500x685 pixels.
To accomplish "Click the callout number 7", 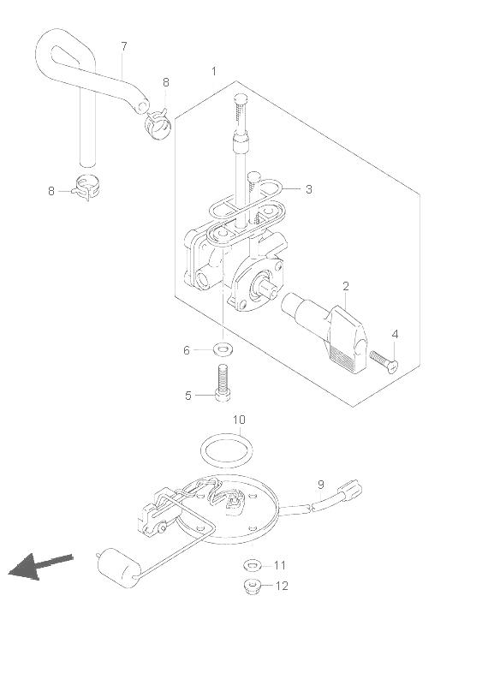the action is pyautogui.click(x=124, y=46).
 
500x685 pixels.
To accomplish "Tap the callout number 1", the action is pyautogui.click(x=214, y=71).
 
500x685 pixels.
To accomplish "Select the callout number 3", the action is pyautogui.click(x=309, y=189).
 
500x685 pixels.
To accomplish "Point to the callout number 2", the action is pyautogui.click(x=346, y=286).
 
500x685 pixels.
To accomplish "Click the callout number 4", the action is pyautogui.click(x=395, y=334).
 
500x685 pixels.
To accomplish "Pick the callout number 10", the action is pyautogui.click(x=239, y=420).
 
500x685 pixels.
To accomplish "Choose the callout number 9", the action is pyautogui.click(x=321, y=484).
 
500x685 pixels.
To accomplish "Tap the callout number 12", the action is pyautogui.click(x=282, y=586).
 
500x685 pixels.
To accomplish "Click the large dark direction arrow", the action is pyautogui.click(x=40, y=566).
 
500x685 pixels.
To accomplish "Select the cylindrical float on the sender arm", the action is pyautogui.click(x=119, y=568).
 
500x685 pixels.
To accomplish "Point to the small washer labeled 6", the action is pyautogui.click(x=223, y=349).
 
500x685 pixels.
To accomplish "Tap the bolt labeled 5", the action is pyautogui.click(x=223, y=382).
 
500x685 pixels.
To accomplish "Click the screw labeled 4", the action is pyautogui.click(x=384, y=361).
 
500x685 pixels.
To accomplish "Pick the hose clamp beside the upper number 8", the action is pyautogui.click(x=158, y=123).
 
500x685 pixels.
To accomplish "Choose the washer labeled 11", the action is pyautogui.click(x=253, y=565).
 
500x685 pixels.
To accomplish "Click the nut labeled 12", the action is pyautogui.click(x=252, y=586).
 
